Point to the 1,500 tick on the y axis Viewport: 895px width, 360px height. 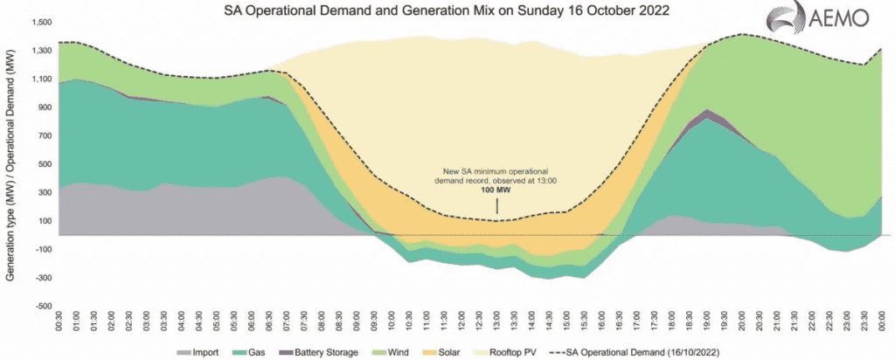coord(41,22)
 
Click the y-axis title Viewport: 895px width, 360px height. coord(10,166)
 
